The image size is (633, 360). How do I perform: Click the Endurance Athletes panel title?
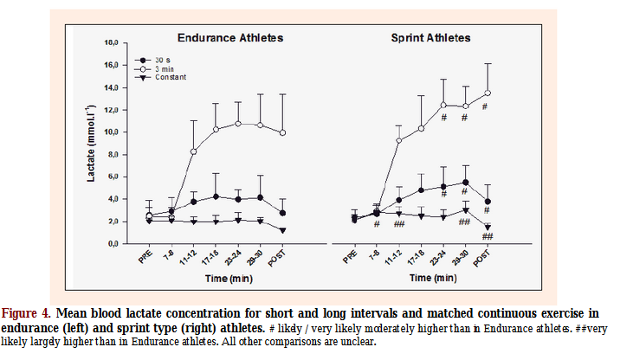(230, 38)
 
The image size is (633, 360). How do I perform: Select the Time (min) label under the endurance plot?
(229, 279)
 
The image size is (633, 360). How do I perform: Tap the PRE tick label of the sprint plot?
(351, 258)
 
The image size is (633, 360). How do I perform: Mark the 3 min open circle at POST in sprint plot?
(487, 93)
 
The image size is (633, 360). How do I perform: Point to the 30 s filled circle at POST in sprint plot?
(487, 202)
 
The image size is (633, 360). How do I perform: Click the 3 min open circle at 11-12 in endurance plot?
(193, 151)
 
